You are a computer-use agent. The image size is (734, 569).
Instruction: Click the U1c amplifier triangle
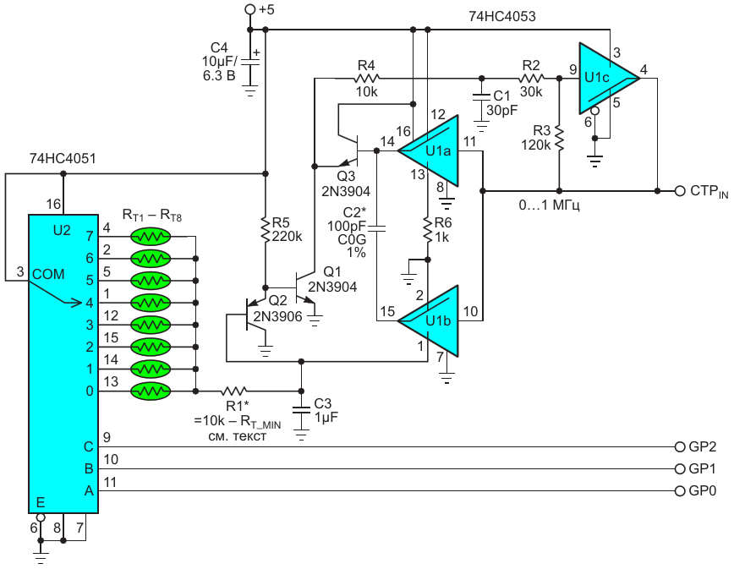pos(606,78)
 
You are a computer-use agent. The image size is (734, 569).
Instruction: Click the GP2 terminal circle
pos(680,447)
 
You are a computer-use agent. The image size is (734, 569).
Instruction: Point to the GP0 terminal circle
pos(680,491)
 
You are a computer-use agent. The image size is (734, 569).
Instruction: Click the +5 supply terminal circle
pos(250,9)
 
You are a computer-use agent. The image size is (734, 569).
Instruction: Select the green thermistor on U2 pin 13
pos(151,391)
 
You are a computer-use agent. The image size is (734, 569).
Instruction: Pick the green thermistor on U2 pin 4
pos(151,237)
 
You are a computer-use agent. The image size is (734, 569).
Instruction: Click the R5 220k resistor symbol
pos(266,229)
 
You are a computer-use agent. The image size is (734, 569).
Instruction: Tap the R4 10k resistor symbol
pos(367,78)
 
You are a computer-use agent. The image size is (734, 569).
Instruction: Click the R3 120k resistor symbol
pos(559,138)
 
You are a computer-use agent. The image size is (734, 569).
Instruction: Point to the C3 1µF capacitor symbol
pos(301,410)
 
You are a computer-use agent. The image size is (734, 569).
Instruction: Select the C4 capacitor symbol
pos(250,62)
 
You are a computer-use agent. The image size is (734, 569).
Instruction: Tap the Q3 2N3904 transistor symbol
pos(351,150)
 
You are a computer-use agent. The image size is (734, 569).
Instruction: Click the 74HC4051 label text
pos(63,159)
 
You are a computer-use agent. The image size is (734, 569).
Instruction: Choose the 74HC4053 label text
pos(501,16)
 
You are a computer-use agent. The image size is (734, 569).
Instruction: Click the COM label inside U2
pos(48,274)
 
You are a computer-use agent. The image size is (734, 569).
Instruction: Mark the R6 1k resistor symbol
pos(427,229)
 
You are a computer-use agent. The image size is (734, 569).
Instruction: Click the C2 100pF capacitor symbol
pos(377,228)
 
